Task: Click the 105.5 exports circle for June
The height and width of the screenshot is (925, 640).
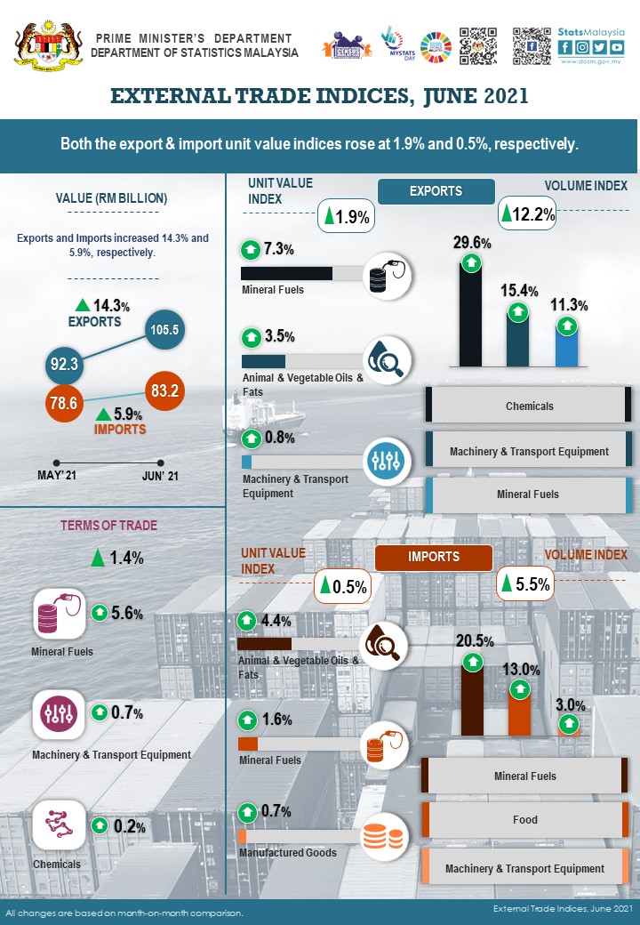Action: coord(165,330)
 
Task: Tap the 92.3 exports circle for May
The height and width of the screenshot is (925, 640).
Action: coord(65,364)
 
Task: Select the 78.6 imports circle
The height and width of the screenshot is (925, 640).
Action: coord(65,404)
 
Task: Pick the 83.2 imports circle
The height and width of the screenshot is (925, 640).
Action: coord(165,390)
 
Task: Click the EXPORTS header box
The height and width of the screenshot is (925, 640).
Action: coord(436,191)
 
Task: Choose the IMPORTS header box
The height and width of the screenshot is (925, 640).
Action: coord(434,558)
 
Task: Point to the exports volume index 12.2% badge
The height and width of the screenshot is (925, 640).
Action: coord(528,214)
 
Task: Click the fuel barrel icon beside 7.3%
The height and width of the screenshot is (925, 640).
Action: coord(388,275)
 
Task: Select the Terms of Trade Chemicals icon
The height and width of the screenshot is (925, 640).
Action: coord(59,825)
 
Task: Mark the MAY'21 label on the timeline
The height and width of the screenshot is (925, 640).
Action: coord(57,476)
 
